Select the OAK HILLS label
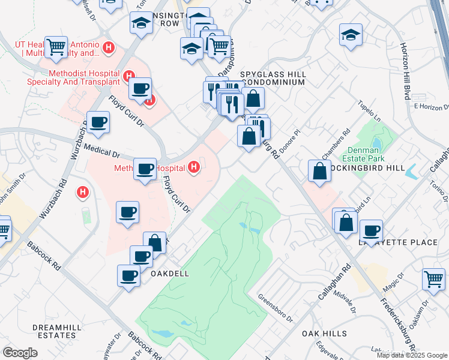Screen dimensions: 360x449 coord(324,333)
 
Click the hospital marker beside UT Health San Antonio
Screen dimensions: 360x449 coord(109,47)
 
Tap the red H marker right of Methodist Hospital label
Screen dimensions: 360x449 coord(193,166)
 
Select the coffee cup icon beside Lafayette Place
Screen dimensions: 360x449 coord(371,230)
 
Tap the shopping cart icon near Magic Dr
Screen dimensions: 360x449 coord(433,278)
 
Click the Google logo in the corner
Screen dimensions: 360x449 coord(20,353)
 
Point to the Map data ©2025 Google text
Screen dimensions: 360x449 coord(412,355)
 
